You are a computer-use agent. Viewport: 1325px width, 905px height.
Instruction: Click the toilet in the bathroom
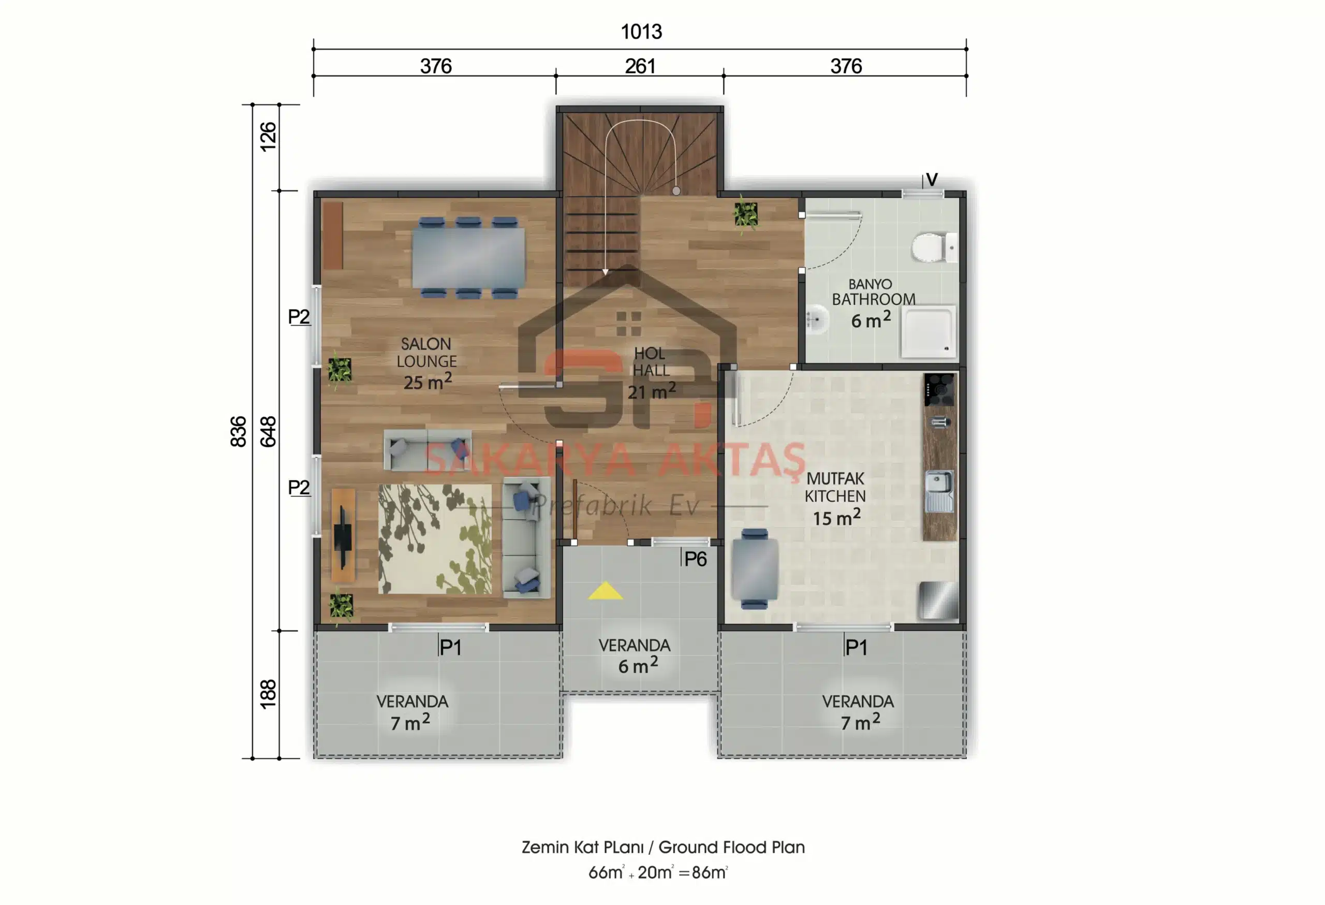[934, 247]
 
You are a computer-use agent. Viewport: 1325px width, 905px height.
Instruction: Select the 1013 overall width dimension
[641, 32]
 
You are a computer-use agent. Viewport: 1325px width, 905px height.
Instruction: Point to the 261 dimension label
[640, 66]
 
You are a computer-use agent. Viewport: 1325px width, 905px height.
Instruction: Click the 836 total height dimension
[238, 431]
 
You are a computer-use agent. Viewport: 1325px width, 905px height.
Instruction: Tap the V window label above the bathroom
[932, 180]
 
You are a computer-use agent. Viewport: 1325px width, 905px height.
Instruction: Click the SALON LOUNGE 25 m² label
[427, 363]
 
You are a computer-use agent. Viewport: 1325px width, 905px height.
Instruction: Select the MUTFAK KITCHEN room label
[835, 488]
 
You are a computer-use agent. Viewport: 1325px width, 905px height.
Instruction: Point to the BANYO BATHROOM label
[873, 291]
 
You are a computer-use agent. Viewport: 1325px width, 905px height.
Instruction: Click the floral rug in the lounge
[435, 539]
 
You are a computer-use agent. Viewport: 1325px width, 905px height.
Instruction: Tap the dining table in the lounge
[468, 258]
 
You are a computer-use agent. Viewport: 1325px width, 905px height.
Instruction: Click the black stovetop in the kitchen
[939, 389]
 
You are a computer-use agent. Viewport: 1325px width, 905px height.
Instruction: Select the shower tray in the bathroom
[927, 332]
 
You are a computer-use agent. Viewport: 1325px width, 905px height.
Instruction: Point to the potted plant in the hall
[746, 215]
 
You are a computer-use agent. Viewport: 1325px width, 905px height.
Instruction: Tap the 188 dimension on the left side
[268, 694]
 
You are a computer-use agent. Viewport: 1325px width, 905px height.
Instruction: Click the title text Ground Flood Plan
[731, 848]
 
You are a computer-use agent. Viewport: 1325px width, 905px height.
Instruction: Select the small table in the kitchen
[755, 568]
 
